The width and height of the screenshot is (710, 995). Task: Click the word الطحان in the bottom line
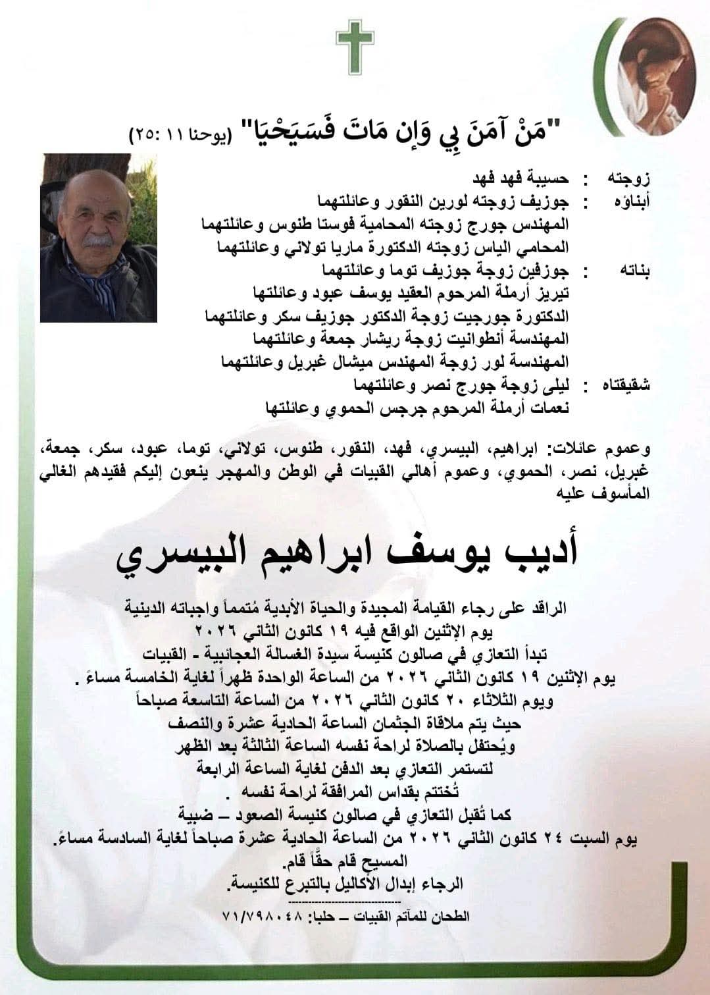point(453,916)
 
